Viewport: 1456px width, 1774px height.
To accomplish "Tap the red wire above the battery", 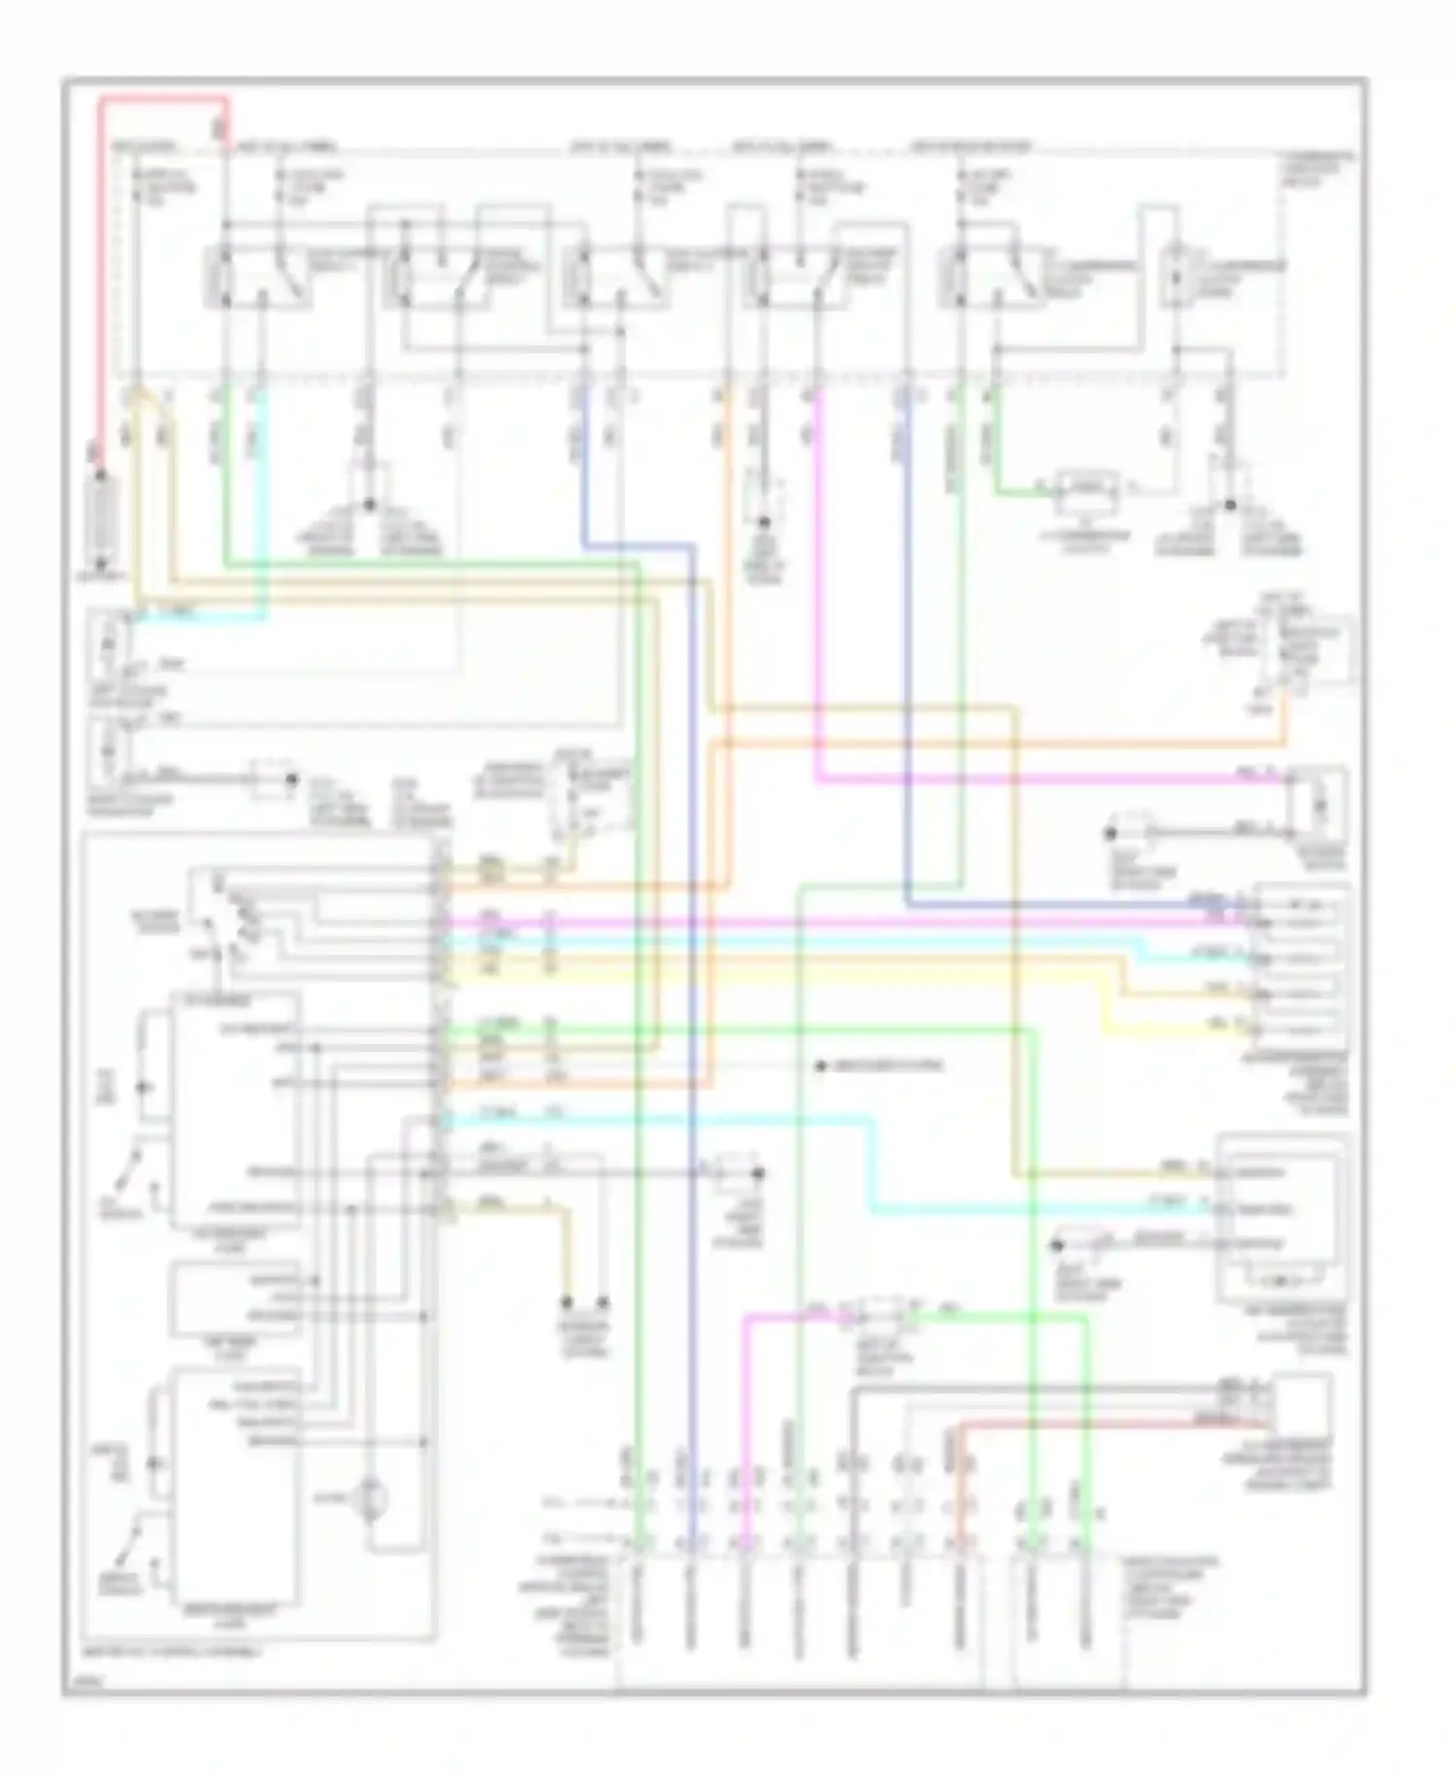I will (99, 291).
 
